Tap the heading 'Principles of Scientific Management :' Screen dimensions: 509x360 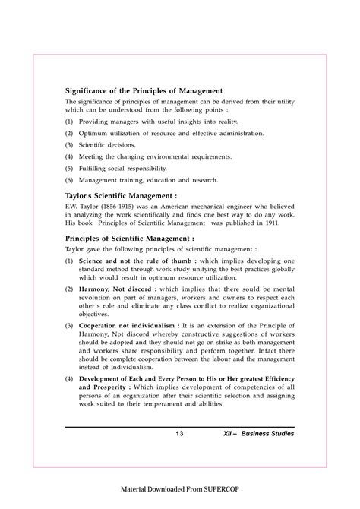133,238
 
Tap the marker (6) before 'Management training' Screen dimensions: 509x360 69,180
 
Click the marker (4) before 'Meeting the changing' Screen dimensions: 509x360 69,156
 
